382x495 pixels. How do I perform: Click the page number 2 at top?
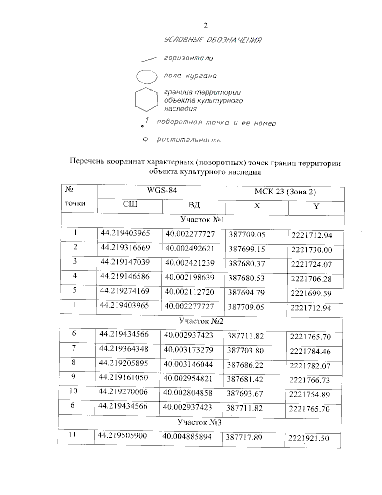click(x=205, y=26)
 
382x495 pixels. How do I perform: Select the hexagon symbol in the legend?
click(x=146, y=99)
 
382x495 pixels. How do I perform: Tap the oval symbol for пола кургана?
click(x=147, y=77)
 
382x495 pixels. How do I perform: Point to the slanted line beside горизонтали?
click(x=148, y=59)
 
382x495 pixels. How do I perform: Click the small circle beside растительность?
click(x=145, y=139)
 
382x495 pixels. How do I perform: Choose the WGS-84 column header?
click(x=162, y=191)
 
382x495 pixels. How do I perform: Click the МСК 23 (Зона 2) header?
click(x=285, y=192)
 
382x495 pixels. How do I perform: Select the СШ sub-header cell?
click(x=130, y=204)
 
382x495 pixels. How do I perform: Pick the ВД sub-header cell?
click(x=194, y=205)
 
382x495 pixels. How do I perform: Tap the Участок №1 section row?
click(x=202, y=220)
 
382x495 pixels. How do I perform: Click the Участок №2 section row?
click(x=201, y=321)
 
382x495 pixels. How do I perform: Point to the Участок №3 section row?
click(x=199, y=422)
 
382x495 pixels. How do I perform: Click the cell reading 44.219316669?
click(x=125, y=248)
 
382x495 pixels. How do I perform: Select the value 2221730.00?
click(x=311, y=250)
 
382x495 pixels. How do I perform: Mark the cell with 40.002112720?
click(x=189, y=292)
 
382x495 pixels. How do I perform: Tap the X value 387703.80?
click(x=245, y=351)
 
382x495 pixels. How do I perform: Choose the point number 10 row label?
click(x=73, y=391)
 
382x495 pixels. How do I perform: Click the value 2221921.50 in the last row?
click(x=308, y=439)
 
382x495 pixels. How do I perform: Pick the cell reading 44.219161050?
click(x=123, y=377)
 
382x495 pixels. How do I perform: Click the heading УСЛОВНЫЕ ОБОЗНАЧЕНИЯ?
click(x=213, y=40)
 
